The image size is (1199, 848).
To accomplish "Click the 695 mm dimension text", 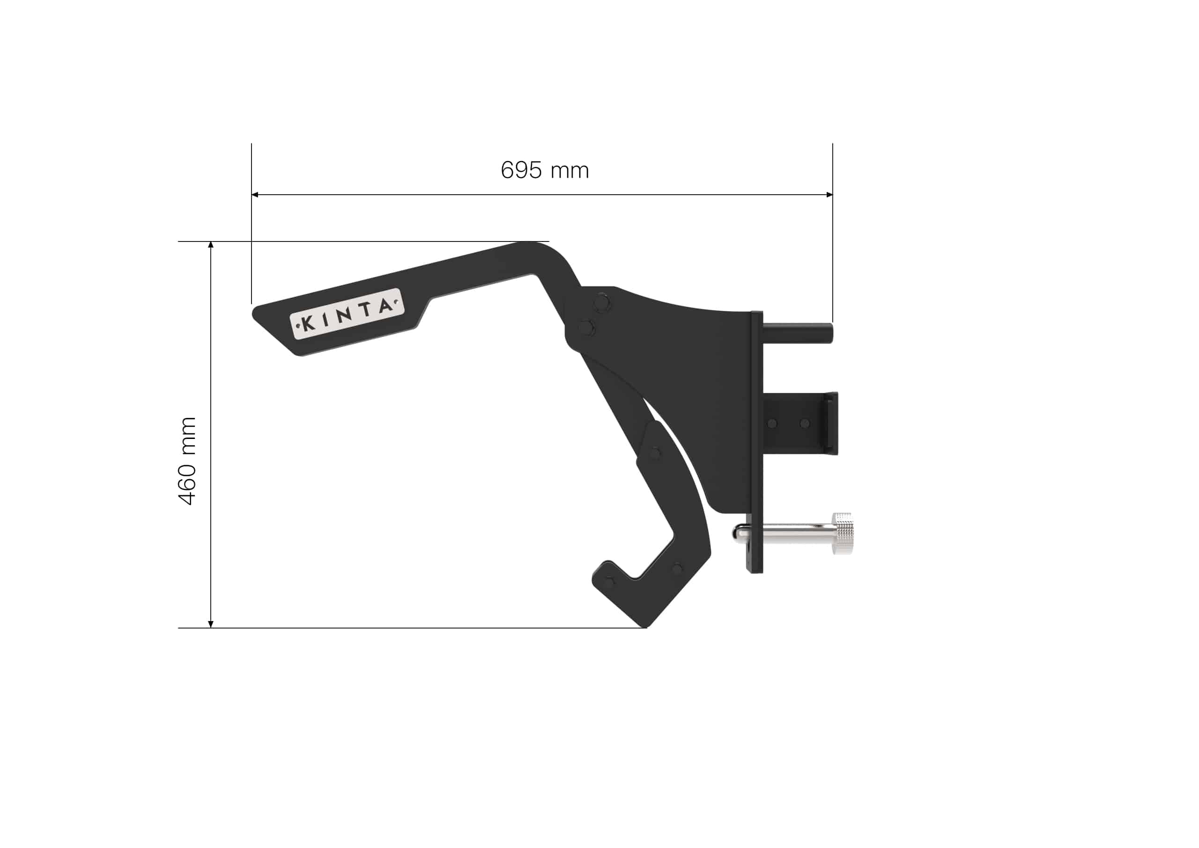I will point(544,170).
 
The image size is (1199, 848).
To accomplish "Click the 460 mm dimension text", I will point(187,461).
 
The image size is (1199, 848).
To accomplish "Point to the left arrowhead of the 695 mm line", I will point(254,195).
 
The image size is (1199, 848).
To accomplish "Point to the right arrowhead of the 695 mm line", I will point(829,195).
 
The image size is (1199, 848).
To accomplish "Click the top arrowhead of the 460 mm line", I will point(211,244).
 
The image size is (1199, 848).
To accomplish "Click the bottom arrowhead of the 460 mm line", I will point(211,624).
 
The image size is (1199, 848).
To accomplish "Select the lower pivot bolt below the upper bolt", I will point(587,328).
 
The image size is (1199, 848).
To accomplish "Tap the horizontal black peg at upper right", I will point(799,333).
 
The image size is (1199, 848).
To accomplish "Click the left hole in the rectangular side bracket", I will point(773,423).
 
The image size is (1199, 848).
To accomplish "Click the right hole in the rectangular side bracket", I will point(805,423).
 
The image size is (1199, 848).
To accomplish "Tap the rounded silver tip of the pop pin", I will point(738,533).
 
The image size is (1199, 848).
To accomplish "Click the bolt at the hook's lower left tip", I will point(610,581).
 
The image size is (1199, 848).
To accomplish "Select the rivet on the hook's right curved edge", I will point(677,568).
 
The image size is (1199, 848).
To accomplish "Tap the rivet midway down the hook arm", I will point(653,452).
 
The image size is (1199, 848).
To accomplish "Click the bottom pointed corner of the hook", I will point(646,626).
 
